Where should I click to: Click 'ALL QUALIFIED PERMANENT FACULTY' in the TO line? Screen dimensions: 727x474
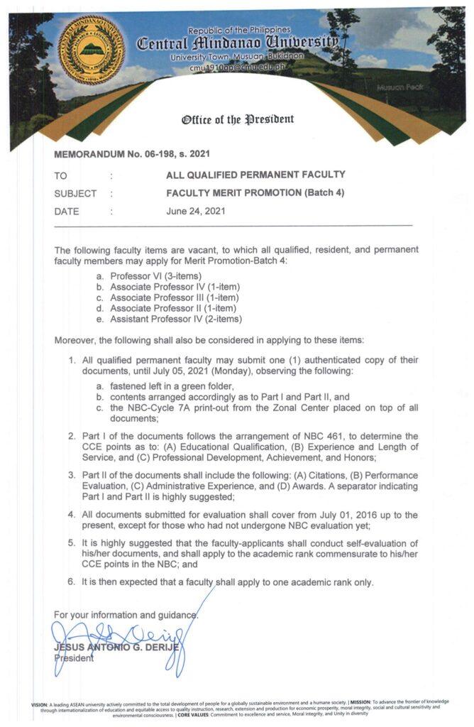[255, 174]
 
